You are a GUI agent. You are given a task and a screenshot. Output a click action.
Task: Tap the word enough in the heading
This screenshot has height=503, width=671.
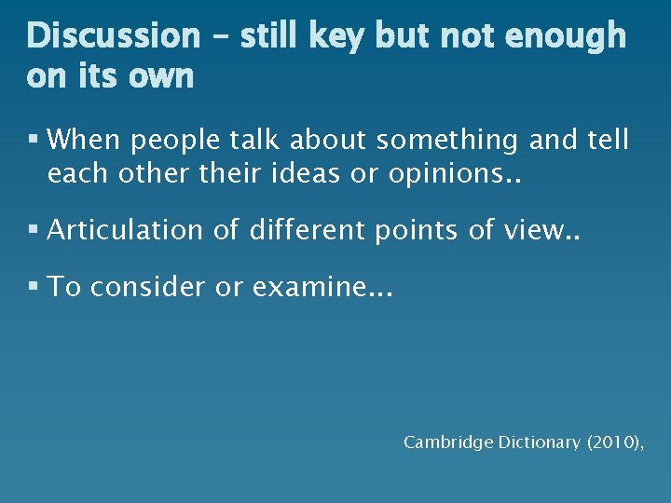tap(568, 36)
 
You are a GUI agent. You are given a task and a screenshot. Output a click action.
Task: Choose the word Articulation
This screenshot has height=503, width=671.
tap(124, 230)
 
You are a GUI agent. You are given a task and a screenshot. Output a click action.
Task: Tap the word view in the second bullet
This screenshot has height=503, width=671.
tap(550, 229)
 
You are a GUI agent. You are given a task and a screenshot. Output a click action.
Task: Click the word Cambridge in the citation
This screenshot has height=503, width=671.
tap(440, 442)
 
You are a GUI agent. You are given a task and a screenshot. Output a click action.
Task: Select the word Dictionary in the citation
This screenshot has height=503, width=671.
tap(530, 442)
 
